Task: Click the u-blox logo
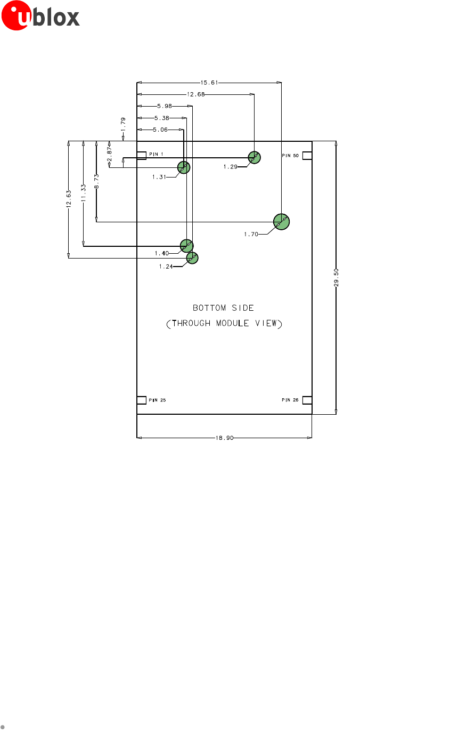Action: (x=40, y=15)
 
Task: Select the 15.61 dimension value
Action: (x=209, y=83)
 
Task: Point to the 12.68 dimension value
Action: (x=196, y=94)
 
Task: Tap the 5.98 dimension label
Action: (x=165, y=106)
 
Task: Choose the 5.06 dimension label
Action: (x=160, y=130)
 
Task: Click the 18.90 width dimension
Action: (x=225, y=438)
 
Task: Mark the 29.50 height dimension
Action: (x=336, y=278)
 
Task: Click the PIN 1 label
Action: (x=156, y=154)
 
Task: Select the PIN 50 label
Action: (x=290, y=156)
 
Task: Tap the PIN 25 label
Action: (x=157, y=400)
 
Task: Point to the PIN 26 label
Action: (x=290, y=400)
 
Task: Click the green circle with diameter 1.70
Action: (x=281, y=222)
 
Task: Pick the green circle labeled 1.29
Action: (x=254, y=157)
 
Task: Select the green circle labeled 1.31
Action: (x=184, y=167)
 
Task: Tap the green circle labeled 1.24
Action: (x=192, y=258)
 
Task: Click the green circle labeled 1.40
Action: (x=186, y=246)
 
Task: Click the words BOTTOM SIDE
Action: (x=223, y=308)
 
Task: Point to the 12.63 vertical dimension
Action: (x=68, y=199)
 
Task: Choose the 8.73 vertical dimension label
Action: (x=96, y=181)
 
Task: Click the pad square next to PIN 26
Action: (x=307, y=400)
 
